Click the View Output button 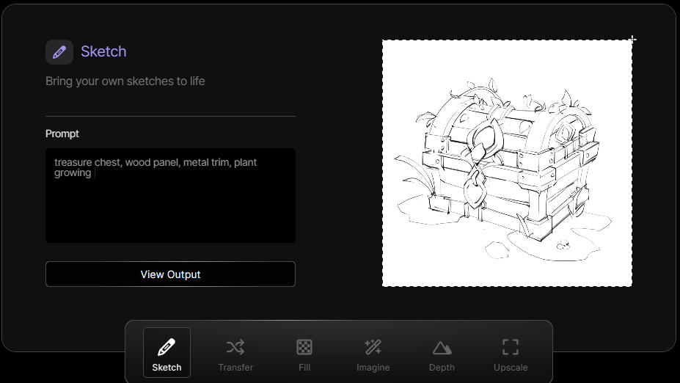click(x=170, y=274)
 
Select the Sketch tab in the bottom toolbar click(x=167, y=352)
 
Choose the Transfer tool click(x=235, y=355)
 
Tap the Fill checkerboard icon click(x=304, y=347)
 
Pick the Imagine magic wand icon click(x=373, y=347)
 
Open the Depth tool click(x=442, y=355)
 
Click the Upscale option click(x=511, y=355)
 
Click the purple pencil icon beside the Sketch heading click(x=59, y=52)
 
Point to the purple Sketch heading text click(x=103, y=51)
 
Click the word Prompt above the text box click(x=62, y=134)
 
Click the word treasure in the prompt click(x=73, y=162)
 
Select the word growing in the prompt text click(x=73, y=173)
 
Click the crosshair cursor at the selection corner click(x=632, y=40)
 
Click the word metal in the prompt click(x=195, y=162)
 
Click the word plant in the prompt click(x=246, y=163)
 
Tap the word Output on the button click(x=184, y=274)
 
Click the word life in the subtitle click(x=197, y=81)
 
